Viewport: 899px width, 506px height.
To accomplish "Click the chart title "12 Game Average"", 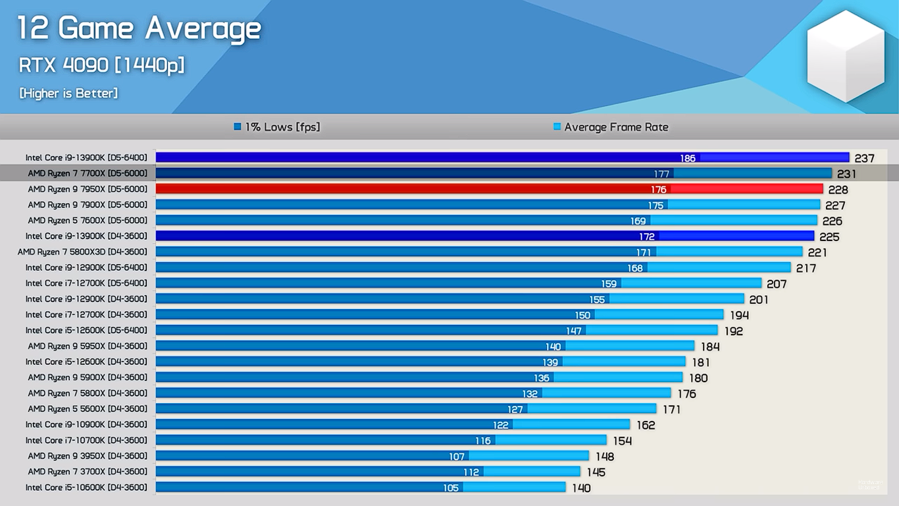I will (x=139, y=29).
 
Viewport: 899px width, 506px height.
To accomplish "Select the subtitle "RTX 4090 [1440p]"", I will (x=101, y=65).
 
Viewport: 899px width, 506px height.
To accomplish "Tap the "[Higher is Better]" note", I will (x=68, y=94).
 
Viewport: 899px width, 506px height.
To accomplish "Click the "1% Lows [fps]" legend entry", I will (x=277, y=127).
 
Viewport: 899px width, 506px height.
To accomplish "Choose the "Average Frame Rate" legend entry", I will (x=611, y=127).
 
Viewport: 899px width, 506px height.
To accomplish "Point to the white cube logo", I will (x=846, y=57).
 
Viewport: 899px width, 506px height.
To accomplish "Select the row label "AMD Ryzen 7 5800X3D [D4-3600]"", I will (x=83, y=252).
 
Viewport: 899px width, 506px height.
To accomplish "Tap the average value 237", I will (x=864, y=158).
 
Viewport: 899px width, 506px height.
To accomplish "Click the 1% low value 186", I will (x=688, y=158).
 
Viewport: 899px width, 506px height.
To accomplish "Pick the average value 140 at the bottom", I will (x=581, y=488).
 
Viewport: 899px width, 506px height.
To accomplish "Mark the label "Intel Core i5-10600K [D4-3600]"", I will (x=86, y=488).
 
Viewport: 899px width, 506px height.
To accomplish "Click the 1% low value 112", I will (x=471, y=472).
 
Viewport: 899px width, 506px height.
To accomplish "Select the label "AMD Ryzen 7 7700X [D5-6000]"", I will (x=88, y=173).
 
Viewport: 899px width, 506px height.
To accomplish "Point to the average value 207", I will (x=777, y=284).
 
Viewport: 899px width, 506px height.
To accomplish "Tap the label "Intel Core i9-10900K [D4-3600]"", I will (x=86, y=424).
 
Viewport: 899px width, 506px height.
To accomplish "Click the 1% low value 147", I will (x=574, y=331).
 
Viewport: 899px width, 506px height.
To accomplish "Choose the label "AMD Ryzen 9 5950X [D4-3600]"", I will (x=88, y=346).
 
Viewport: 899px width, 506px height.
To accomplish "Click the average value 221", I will (x=817, y=252).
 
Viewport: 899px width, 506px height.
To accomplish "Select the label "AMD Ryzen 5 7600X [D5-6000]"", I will (x=88, y=220).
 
